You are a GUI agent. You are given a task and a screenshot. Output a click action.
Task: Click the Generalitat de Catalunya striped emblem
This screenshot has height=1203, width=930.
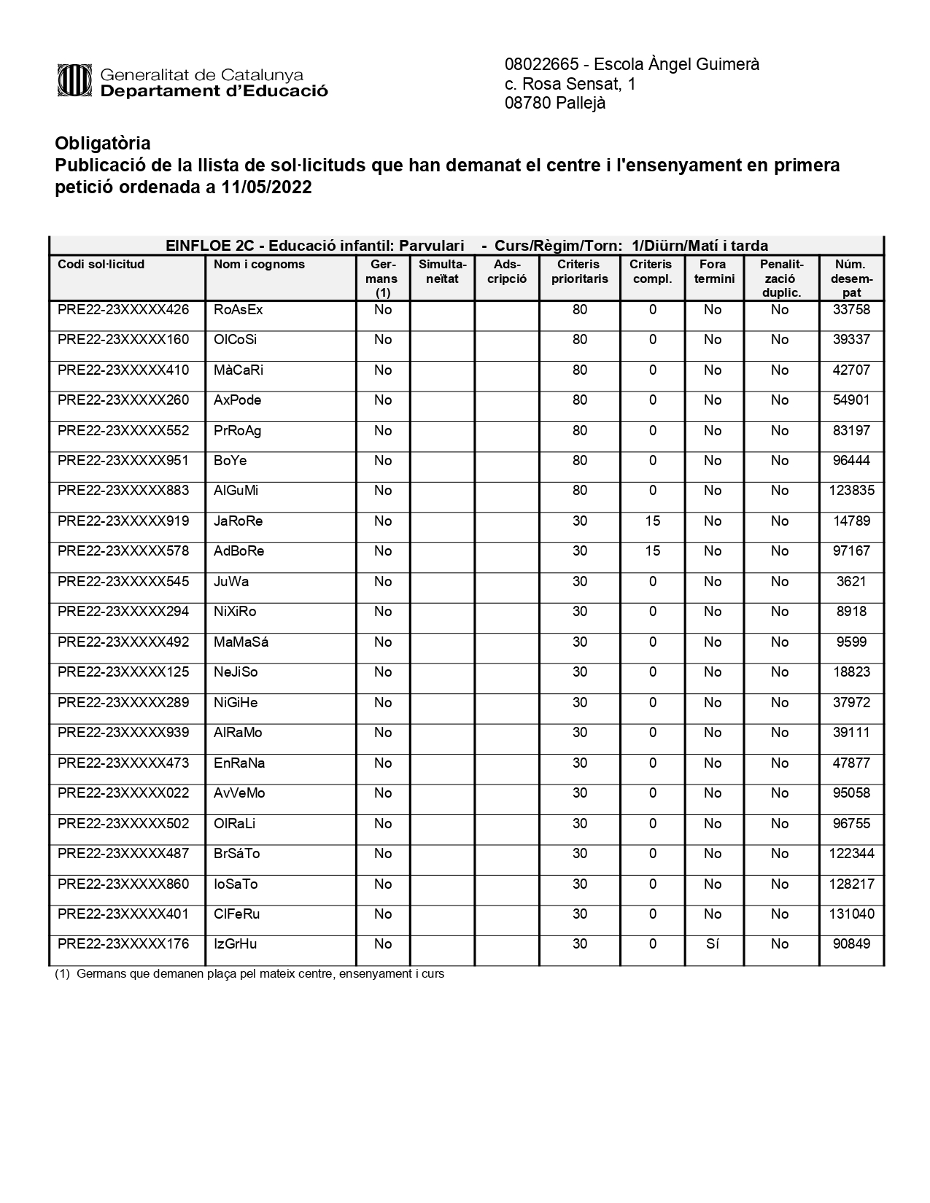(74, 80)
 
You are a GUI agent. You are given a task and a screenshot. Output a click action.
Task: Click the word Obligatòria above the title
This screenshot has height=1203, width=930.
(103, 143)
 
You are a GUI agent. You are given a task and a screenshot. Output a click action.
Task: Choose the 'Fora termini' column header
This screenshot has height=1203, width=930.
(713, 271)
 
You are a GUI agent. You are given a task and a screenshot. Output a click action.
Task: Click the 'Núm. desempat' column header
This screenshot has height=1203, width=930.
(851, 278)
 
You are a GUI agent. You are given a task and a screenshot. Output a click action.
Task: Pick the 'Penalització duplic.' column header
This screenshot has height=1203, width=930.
(780, 278)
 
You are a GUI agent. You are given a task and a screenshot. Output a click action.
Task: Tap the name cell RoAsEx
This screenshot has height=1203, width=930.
(238, 310)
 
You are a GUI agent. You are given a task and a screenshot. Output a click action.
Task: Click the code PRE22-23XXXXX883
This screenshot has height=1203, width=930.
(123, 491)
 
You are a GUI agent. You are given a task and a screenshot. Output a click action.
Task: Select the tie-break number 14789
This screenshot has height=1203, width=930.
(851, 521)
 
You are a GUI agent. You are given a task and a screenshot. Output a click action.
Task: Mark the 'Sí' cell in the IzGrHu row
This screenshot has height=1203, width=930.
(713, 944)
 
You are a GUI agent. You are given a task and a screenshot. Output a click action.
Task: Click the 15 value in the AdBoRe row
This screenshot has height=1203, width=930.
(652, 551)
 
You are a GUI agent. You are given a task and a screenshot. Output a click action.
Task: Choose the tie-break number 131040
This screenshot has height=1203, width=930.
(851, 914)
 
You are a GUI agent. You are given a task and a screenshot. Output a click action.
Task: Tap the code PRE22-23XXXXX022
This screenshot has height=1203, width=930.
(123, 793)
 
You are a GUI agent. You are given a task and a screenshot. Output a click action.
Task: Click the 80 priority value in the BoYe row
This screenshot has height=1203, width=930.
(579, 461)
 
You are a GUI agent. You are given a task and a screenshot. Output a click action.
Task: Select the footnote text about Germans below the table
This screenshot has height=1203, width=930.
(249, 974)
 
